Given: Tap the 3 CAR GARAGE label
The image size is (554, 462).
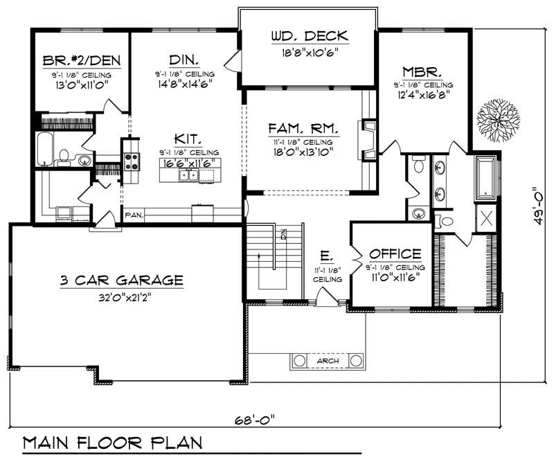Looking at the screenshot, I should click(x=121, y=281).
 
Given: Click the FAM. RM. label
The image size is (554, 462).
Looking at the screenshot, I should click(x=303, y=128).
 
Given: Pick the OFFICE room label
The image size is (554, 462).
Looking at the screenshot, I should click(x=395, y=254).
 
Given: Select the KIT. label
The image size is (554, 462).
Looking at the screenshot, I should click(x=184, y=138).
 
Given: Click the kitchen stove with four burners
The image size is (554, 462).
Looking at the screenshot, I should click(x=131, y=162).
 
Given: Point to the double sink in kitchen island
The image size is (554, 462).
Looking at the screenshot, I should click(x=188, y=175).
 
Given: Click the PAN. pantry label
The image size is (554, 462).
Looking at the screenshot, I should click(x=134, y=215).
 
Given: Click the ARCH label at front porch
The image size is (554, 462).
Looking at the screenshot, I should click(x=328, y=361).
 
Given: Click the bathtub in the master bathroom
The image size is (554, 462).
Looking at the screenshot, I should click(x=486, y=176).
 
